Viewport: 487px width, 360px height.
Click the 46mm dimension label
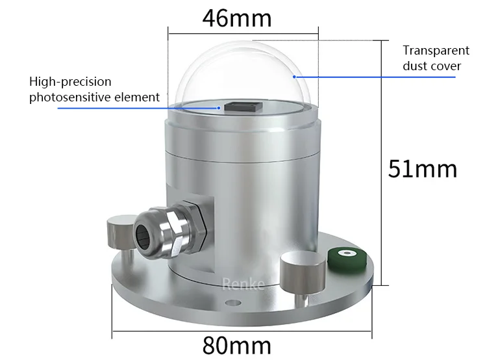point(236,18)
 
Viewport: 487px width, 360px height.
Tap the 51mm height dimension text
point(422,169)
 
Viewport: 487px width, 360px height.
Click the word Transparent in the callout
point(436,51)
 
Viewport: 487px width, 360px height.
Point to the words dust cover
point(432,66)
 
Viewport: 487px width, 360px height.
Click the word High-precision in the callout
point(70,82)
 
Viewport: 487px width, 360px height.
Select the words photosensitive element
point(94,97)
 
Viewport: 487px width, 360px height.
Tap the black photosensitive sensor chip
point(242,106)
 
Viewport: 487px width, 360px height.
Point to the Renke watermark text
point(243,284)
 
